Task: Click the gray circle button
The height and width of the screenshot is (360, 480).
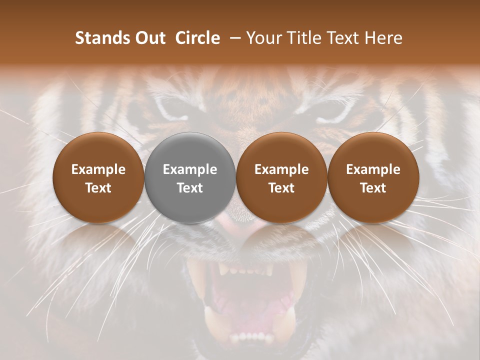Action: pos(190,178)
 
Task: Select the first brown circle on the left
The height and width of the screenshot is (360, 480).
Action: pos(98,178)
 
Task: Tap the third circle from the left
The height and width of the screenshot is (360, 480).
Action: pos(281,178)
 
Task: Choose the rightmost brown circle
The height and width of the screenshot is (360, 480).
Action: pos(373,178)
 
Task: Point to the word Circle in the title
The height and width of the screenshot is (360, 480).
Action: pos(197,38)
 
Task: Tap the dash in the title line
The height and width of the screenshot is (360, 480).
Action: pos(232,38)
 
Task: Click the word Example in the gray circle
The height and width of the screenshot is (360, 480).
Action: pos(190,169)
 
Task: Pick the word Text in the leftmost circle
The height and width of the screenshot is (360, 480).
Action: pos(98,188)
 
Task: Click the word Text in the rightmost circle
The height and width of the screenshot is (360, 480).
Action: pos(373,188)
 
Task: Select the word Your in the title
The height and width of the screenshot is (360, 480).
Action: pos(263,38)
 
